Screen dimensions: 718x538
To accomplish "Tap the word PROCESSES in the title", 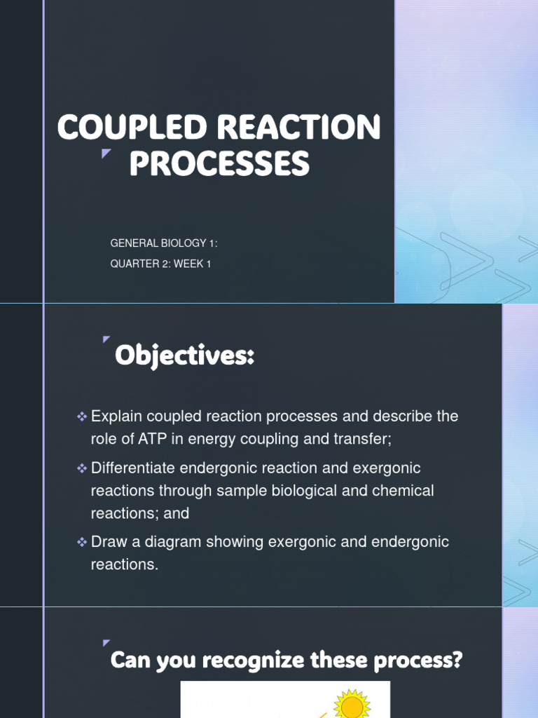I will click(x=219, y=165).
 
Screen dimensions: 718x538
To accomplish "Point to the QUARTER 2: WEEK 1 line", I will click(x=160, y=264).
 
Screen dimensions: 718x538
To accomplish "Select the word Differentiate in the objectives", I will click(x=135, y=467).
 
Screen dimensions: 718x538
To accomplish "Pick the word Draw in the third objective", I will click(x=108, y=541).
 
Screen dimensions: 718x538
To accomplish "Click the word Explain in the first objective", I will click(x=115, y=416).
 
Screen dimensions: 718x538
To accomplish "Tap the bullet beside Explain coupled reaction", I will click(x=81, y=417).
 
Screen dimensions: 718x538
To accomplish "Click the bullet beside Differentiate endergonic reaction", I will click(x=81, y=468).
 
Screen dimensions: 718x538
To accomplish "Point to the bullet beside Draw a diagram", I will click(x=81, y=542).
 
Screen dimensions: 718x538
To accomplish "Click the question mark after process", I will click(x=457, y=660).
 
